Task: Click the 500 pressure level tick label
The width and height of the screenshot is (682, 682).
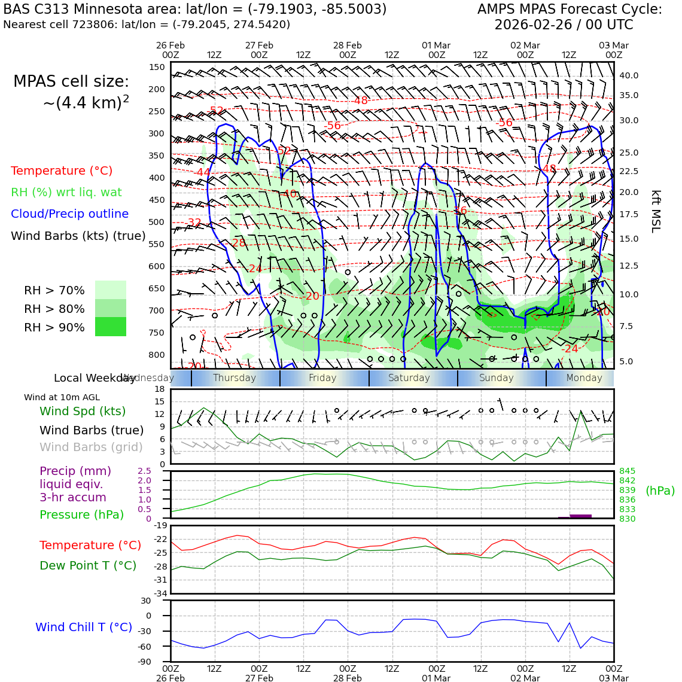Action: (x=156, y=222)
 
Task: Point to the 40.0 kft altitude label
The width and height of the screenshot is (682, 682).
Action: (x=629, y=75)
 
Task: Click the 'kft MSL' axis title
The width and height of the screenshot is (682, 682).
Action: (x=656, y=211)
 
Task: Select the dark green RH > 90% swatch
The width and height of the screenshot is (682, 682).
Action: (x=111, y=327)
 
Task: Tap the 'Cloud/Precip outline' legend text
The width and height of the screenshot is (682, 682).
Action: (x=69, y=214)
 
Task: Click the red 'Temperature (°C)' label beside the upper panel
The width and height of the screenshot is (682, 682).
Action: (x=62, y=170)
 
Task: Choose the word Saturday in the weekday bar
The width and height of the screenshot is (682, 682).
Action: (x=409, y=378)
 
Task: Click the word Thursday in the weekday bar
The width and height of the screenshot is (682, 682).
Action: (x=235, y=378)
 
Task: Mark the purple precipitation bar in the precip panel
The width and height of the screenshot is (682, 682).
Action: (x=580, y=516)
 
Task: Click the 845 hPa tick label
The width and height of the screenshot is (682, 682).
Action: (x=627, y=471)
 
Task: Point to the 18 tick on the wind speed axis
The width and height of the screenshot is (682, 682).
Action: (x=160, y=389)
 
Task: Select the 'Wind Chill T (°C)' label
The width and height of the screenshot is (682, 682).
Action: (x=84, y=627)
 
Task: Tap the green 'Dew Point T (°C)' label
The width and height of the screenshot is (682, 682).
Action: (x=88, y=565)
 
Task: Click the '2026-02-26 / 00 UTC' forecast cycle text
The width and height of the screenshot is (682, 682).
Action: (x=564, y=25)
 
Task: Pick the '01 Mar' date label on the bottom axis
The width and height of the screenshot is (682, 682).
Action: (x=436, y=678)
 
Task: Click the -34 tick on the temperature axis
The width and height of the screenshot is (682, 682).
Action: (x=159, y=593)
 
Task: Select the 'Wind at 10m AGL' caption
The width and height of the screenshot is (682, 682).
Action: (x=62, y=397)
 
